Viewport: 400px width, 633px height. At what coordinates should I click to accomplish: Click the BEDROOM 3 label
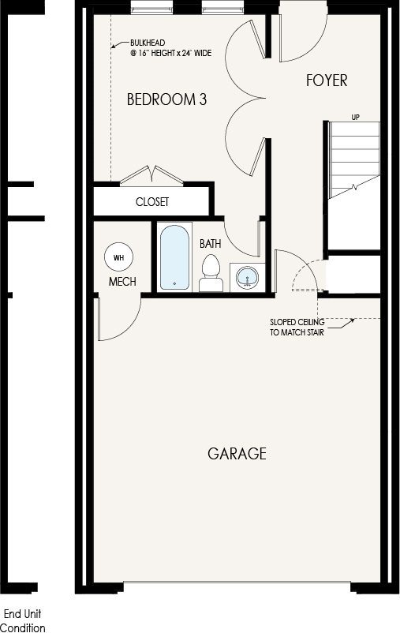pyautogui.click(x=166, y=99)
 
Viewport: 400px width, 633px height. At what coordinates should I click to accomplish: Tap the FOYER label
pyautogui.click(x=327, y=81)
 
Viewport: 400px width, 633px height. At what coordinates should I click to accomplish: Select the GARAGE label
pyautogui.click(x=237, y=454)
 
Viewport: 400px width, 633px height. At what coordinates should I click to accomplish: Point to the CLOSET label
pyautogui.click(x=152, y=202)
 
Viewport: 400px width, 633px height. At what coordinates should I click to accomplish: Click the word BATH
pyautogui.click(x=211, y=244)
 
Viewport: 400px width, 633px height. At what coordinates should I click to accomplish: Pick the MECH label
pyautogui.click(x=122, y=282)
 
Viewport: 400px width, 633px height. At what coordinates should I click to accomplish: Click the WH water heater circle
pyautogui.click(x=118, y=257)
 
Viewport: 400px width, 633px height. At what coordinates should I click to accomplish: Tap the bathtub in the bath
pyautogui.click(x=174, y=257)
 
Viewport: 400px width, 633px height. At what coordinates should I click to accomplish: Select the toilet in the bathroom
pyautogui.click(x=211, y=273)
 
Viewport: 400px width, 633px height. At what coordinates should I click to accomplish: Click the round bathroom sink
pyautogui.click(x=247, y=278)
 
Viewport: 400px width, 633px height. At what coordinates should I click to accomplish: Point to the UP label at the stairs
pyautogui.click(x=355, y=118)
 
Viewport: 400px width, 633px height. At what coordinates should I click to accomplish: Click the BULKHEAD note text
pyautogui.click(x=170, y=47)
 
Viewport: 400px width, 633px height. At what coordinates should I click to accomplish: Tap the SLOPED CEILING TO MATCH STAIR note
pyautogui.click(x=297, y=328)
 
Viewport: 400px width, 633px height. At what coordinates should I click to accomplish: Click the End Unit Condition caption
pyautogui.click(x=23, y=621)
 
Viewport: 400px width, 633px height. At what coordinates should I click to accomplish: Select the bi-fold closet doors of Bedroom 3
pyautogui.click(x=151, y=174)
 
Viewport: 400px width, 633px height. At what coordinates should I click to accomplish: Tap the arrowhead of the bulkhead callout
pyautogui.click(x=114, y=47)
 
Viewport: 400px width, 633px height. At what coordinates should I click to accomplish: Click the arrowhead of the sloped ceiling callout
pyautogui.click(x=352, y=320)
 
